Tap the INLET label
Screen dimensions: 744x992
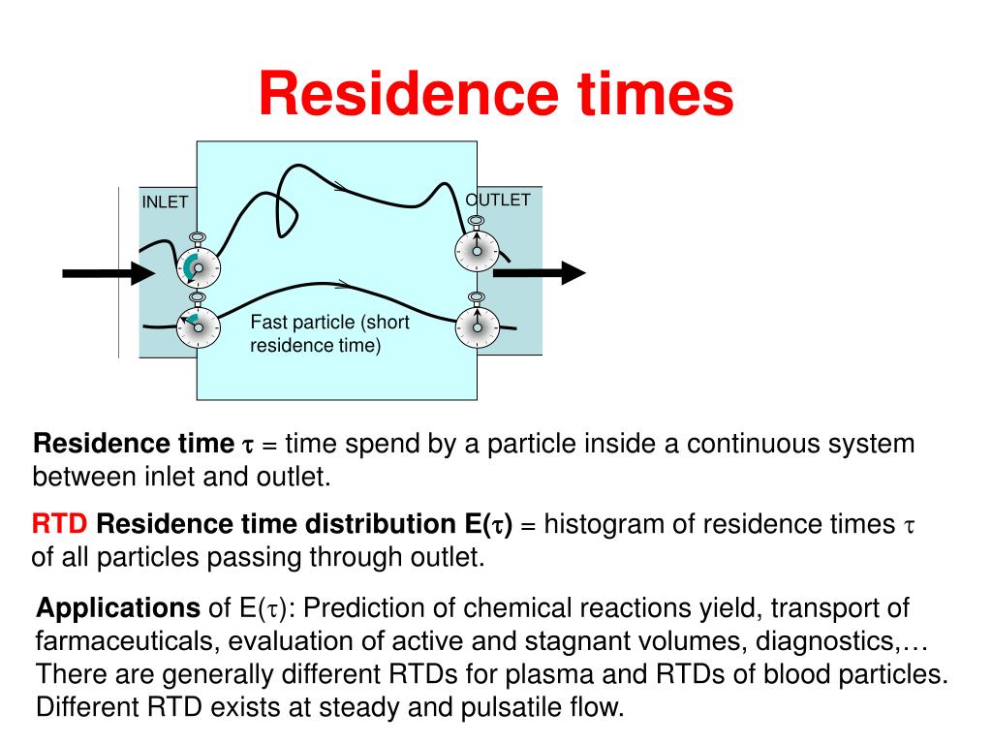pyautogui.click(x=165, y=201)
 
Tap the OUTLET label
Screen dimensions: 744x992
pyautogui.click(x=498, y=200)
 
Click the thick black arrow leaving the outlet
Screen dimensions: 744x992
pyautogui.click(x=539, y=274)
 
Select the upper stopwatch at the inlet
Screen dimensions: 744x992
pyautogui.click(x=198, y=266)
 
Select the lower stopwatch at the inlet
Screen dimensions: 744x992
pyautogui.click(x=198, y=327)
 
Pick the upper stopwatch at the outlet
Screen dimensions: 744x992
pyautogui.click(x=477, y=251)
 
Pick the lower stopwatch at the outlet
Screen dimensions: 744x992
pyautogui.click(x=477, y=327)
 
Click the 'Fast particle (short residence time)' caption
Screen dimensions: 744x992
pyautogui.click(x=329, y=333)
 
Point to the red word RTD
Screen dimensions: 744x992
pyautogui.click(x=60, y=525)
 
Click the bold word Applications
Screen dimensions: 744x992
pyautogui.click(x=118, y=608)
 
